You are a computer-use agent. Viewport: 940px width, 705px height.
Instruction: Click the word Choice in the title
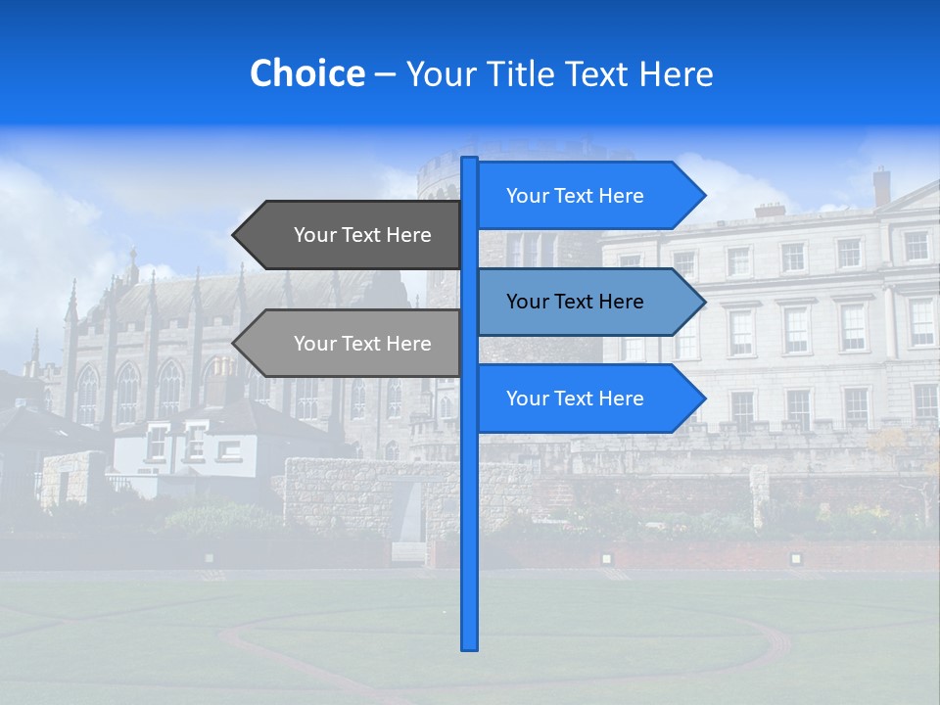coord(306,73)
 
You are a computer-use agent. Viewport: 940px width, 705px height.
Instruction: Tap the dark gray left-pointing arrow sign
coord(352,235)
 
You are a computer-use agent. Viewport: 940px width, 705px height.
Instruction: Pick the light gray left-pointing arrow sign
coord(352,344)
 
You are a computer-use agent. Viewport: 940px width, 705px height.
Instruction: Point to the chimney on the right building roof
coord(881,186)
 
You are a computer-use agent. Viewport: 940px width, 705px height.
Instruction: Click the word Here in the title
coord(676,74)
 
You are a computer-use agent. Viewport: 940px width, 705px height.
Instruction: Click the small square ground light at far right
coord(795,558)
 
